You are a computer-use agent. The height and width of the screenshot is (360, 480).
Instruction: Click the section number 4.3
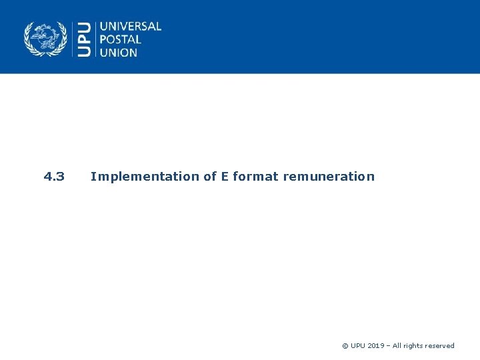coord(54,177)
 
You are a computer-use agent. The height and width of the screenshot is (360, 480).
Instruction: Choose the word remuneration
coord(329,177)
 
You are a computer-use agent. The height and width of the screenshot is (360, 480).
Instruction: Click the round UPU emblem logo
coord(45,39)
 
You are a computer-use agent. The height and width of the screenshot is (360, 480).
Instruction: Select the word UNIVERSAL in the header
coord(131,27)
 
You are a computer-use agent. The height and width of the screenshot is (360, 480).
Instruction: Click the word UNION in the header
coord(119,52)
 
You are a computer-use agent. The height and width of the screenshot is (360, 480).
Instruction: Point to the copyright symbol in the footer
coord(345,346)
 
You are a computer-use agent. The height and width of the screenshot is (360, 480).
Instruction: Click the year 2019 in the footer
coord(375,346)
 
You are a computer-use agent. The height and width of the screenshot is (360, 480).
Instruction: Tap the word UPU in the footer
coord(358,346)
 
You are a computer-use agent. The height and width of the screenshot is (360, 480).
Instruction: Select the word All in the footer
coord(397,346)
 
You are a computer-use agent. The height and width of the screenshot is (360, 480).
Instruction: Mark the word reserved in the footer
coord(440,346)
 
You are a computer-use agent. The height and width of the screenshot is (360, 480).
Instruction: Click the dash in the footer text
coord(388,346)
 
